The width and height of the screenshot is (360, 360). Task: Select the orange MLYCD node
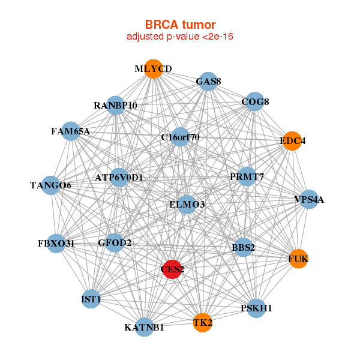coord(154,69)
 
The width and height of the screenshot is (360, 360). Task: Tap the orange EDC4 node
coord(292,141)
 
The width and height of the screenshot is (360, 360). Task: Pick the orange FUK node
coord(298,259)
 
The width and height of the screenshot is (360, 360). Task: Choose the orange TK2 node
coord(202,323)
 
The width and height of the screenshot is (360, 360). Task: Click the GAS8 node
coord(208,82)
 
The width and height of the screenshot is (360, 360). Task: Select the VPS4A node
coord(308,199)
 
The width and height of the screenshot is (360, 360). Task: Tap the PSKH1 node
coord(256,308)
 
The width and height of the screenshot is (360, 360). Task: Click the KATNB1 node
coord(144,327)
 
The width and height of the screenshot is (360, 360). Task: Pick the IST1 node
coord(91,299)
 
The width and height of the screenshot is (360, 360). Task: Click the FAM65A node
coord(71,131)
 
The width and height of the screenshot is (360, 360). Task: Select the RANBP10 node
coord(115,105)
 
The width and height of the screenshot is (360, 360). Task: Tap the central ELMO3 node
coord(187,205)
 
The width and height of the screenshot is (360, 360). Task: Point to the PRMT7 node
coord(247,176)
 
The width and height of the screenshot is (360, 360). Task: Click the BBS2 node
coord(243,247)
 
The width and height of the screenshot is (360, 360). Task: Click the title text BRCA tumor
coord(180,25)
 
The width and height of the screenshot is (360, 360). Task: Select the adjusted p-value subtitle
coord(180,37)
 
